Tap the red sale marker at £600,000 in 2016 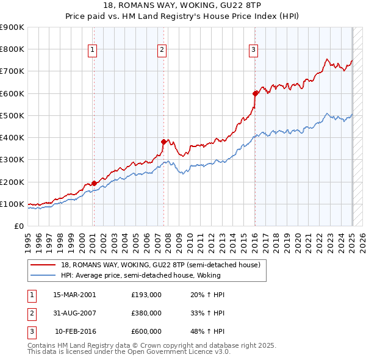(x=255, y=93)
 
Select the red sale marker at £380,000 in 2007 (x=164, y=142)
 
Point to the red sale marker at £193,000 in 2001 (x=94, y=183)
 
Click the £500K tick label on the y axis (x=12, y=115)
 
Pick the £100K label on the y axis (x=12, y=204)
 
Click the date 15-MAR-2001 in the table (x=75, y=294)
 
